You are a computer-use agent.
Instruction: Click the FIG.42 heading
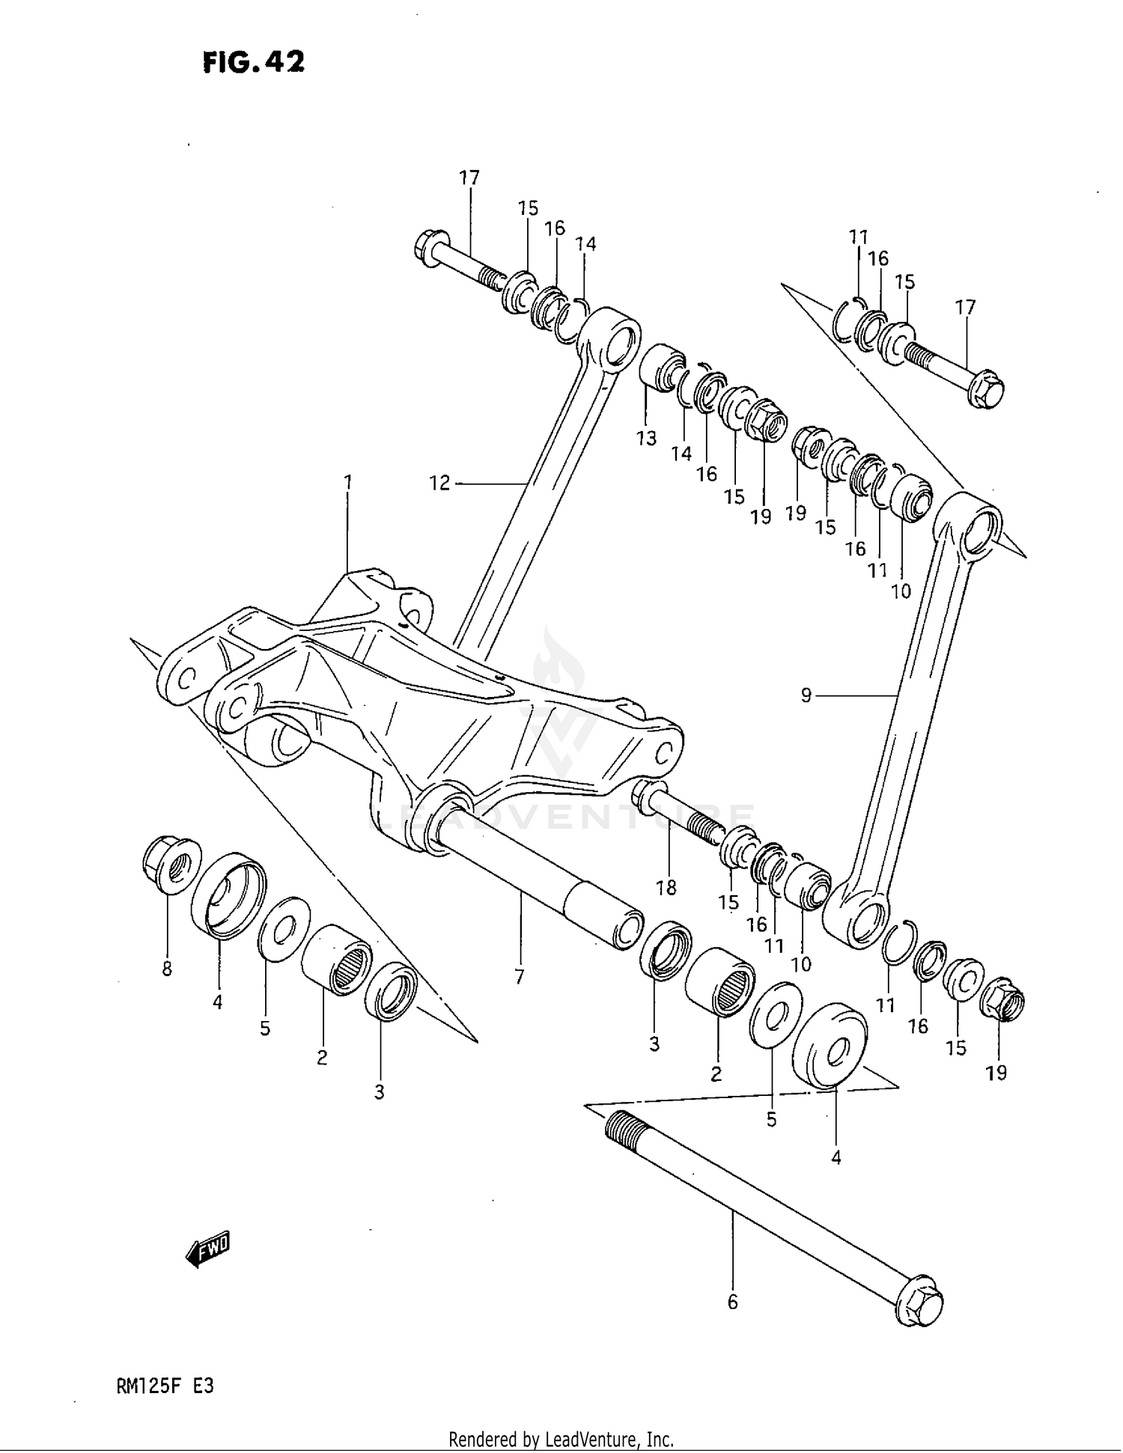[253, 62]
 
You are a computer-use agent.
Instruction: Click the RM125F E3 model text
[165, 1386]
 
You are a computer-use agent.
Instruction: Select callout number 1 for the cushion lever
[347, 482]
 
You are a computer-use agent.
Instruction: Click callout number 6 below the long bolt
[732, 1302]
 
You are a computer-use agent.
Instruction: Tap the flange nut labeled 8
[171, 867]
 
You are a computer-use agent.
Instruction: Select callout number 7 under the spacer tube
[519, 976]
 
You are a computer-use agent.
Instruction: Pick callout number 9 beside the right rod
[806, 695]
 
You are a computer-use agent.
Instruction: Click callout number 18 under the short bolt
[666, 887]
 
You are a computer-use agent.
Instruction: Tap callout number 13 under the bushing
[646, 438]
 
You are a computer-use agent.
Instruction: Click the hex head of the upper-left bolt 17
[430, 247]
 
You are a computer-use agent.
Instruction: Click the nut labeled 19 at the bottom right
[1002, 1000]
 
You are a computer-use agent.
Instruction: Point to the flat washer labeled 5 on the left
[284, 929]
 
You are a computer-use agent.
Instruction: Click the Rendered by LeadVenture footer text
[561, 1439]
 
